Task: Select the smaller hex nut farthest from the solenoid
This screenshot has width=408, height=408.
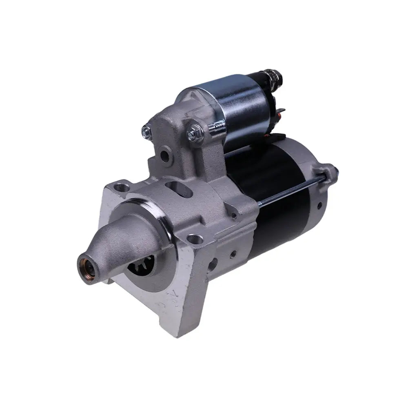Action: coord(146,131)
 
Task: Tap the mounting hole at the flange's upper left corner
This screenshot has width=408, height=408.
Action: coord(121,188)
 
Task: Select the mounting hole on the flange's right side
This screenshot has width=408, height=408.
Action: coord(195,238)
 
